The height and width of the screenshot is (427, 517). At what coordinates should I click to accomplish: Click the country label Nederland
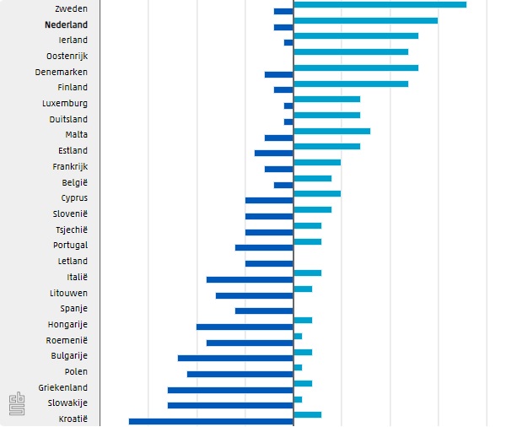tap(66, 24)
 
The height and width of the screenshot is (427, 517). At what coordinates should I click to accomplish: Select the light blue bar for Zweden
tap(380, 5)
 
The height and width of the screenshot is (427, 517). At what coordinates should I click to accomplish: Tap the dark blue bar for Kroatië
tap(211, 421)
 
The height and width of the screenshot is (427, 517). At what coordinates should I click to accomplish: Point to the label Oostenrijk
tap(67, 56)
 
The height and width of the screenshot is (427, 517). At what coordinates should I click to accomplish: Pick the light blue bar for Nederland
tap(365, 20)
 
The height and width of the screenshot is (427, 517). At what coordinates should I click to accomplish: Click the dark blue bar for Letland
tap(269, 263)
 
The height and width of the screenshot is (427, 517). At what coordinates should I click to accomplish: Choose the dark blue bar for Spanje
tap(264, 311)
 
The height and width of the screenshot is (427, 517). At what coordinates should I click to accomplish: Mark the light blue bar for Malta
tap(331, 131)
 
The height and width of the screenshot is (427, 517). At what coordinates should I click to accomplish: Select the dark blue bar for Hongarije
tap(245, 327)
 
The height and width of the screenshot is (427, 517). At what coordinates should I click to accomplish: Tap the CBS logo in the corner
tap(16, 404)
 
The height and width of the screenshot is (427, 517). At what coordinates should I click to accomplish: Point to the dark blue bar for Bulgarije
tap(235, 358)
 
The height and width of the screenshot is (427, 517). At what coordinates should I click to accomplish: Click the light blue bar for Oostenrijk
tap(351, 52)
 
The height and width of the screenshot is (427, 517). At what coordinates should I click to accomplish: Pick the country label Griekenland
tap(62, 387)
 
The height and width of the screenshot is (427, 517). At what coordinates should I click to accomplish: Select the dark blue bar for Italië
tap(250, 279)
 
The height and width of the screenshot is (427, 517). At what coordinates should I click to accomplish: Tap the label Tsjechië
tap(71, 230)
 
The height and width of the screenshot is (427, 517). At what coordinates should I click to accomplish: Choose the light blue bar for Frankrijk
tap(317, 162)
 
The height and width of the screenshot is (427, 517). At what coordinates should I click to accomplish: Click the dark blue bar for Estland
tap(273, 153)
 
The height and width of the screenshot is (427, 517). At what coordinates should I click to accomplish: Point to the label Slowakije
tap(67, 403)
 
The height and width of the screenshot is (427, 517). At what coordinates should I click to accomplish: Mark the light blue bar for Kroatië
tap(307, 414)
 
